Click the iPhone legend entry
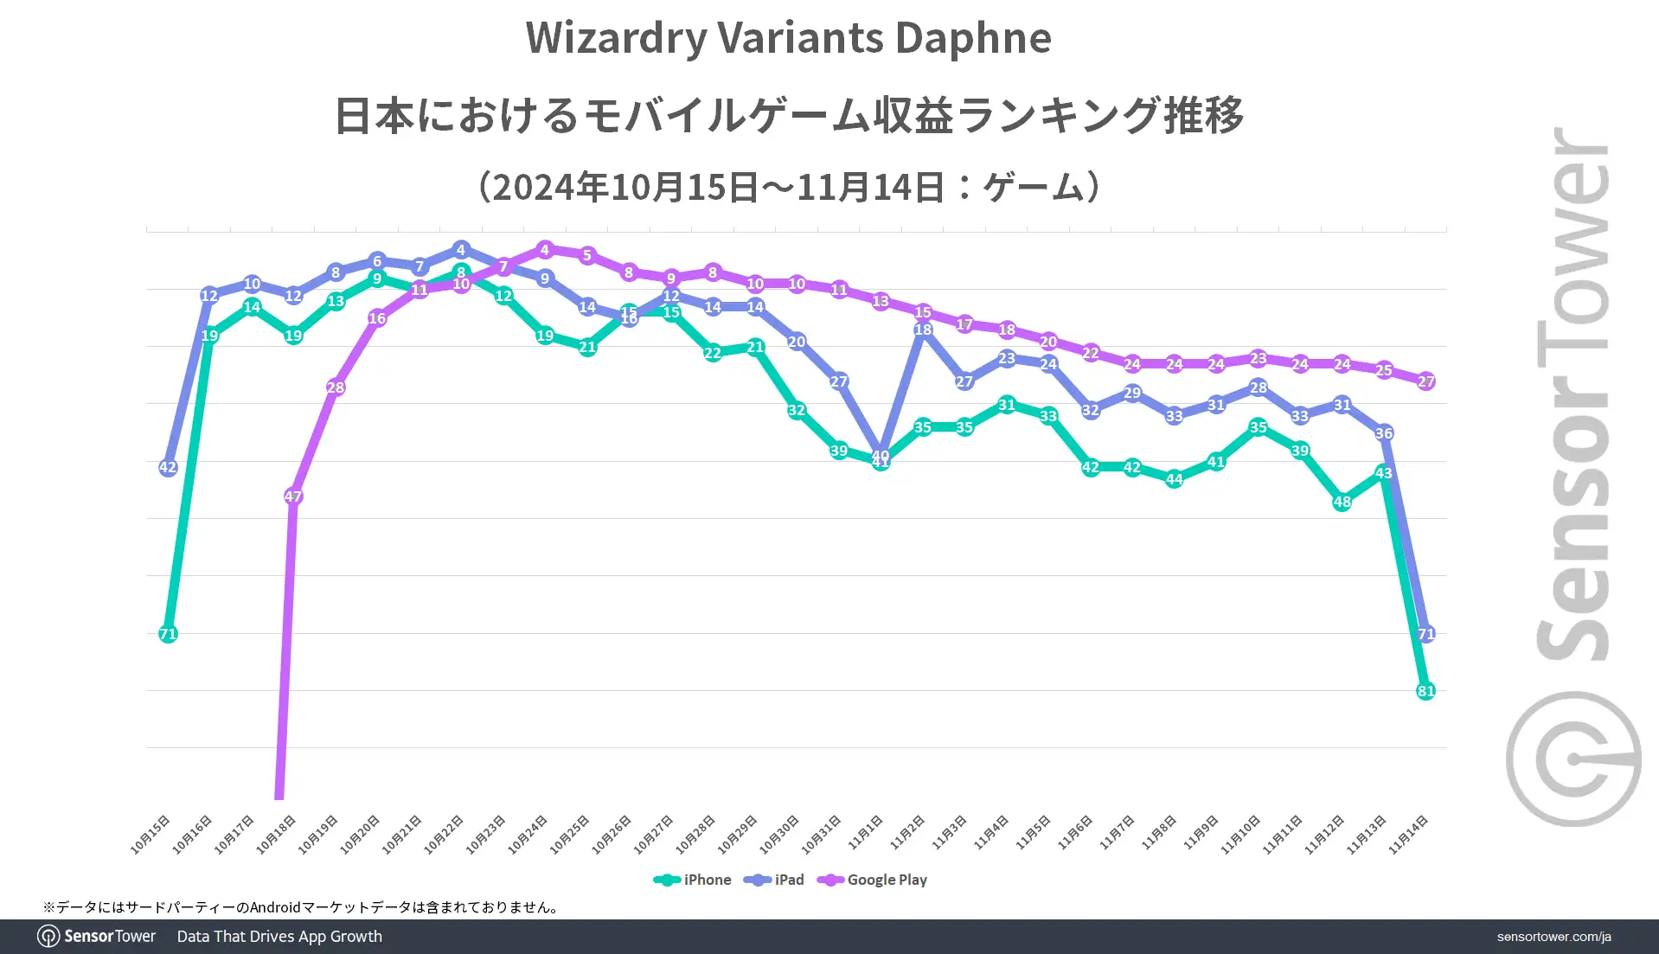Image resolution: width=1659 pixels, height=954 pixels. (x=693, y=880)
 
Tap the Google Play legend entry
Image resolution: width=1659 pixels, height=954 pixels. (x=873, y=880)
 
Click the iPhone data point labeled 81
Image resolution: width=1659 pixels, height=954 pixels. (x=1425, y=691)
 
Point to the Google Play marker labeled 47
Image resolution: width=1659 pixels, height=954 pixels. (x=293, y=496)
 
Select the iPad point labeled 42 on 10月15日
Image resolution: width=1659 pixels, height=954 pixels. (x=168, y=467)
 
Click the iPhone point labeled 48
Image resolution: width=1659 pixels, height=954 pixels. (x=1342, y=502)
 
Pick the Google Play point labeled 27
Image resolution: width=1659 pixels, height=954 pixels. (x=1425, y=381)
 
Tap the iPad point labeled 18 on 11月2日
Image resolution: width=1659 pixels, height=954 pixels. (x=923, y=330)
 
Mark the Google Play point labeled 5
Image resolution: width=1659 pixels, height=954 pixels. (x=587, y=255)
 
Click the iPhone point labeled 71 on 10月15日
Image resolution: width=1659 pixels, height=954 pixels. (x=168, y=634)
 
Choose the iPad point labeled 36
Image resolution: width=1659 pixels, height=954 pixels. (x=1384, y=433)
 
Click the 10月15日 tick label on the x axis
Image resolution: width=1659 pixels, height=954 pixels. (x=151, y=835)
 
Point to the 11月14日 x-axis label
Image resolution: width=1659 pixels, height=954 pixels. (x=1408, y=835)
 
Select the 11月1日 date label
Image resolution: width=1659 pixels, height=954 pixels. (x=865, y=832)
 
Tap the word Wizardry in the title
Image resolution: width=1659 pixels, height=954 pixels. (x=616, y=38)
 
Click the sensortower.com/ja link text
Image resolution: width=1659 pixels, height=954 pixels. (x=1553, y=937)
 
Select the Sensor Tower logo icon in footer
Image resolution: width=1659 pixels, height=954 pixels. (x=48, y=937)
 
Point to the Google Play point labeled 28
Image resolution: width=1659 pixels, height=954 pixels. (x=336, y=387)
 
